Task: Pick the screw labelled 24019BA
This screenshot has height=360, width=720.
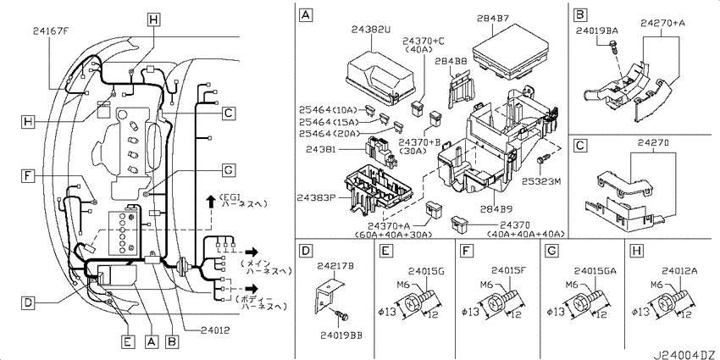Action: [616, 51]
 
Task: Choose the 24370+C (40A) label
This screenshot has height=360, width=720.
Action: [424, 45]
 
